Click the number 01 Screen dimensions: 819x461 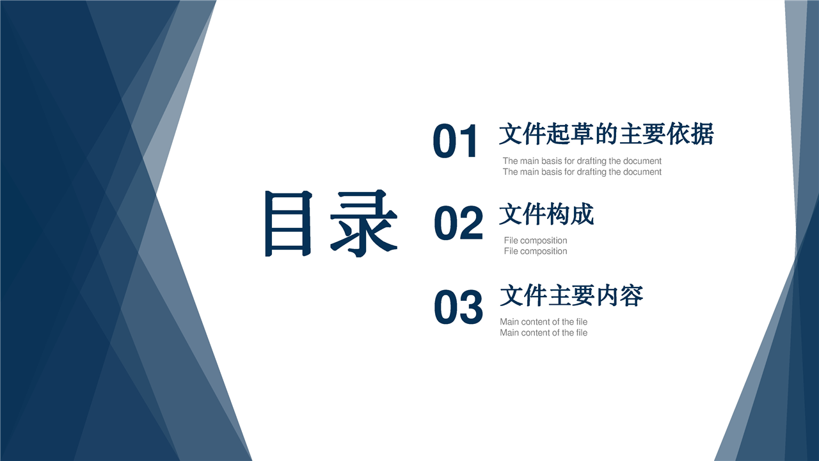455,142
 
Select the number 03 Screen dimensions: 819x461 459,307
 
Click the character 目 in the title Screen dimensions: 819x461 289,223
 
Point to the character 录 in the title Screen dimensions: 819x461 363,223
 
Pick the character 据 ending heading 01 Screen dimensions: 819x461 703,134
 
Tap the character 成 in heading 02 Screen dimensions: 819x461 582,214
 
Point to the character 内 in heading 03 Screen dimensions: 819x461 607,296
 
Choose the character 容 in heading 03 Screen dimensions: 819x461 632,296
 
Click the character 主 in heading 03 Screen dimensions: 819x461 559,296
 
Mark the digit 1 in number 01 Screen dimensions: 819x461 469,142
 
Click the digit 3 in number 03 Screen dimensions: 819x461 472,307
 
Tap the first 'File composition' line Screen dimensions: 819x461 536,240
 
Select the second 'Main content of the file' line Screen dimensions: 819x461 543,332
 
